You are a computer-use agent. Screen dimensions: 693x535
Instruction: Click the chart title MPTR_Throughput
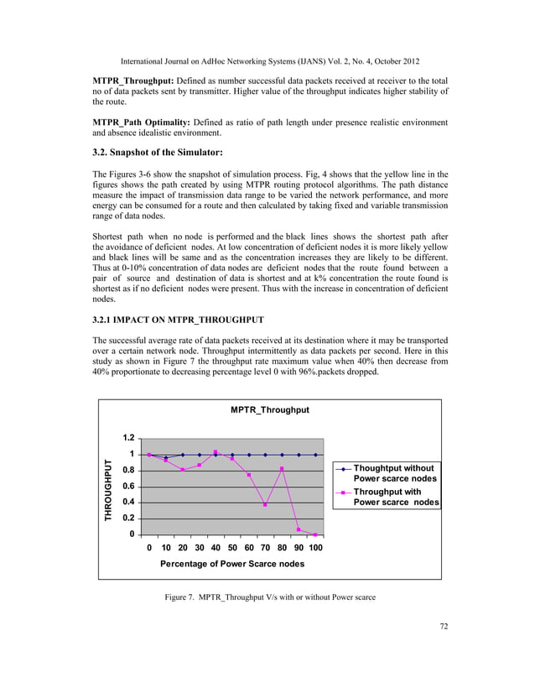click(270, 409)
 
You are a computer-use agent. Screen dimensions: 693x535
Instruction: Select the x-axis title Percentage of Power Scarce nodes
click(232, 564)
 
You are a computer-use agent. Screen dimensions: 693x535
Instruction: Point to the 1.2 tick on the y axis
click(129, 438)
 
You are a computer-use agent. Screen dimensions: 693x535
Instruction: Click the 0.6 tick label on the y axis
click(129, 487)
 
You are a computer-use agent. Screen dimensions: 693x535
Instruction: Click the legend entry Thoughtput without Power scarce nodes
click(394, 473)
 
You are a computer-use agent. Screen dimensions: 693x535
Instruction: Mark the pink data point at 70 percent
click(266, 505)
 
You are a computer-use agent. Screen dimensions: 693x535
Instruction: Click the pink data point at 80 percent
click(283, 469)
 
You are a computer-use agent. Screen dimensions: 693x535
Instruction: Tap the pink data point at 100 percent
click(315, 534)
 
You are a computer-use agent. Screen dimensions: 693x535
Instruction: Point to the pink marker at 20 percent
click(183, 470)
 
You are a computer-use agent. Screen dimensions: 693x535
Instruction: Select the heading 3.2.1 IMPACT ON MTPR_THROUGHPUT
click(178, 320)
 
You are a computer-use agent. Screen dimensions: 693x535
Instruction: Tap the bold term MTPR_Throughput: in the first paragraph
click(130, 80)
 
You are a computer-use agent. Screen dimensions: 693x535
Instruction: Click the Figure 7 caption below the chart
click(269, 597)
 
